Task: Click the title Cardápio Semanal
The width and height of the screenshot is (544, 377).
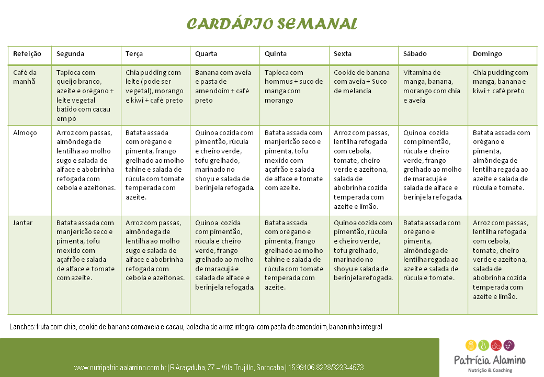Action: [x=272, y=24]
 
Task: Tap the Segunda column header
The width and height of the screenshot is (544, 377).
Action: [x=70, y=54]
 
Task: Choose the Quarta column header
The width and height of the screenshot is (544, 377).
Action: [x=206, y=54]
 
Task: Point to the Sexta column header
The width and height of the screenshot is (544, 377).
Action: [x=343, y=54]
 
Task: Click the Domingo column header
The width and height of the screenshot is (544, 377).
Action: [x=487, y=54]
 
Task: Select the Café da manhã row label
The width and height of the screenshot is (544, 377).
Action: [x=25, y=77]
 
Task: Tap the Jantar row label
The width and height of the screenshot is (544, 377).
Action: [x=23, y=223]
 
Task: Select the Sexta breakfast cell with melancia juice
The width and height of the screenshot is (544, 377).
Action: [x=362, y=82]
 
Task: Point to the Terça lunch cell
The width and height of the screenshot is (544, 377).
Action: [x=155, y=165]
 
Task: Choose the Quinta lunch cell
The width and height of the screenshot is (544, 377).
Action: [x=294, y=160]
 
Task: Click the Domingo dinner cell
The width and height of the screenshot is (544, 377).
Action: [x=501, y=260]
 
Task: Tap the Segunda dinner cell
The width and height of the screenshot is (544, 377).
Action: [x=85, y=250]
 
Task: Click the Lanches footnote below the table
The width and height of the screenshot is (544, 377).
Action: [x=196, y=327]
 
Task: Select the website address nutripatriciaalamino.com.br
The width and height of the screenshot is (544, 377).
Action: [x=120, y=368]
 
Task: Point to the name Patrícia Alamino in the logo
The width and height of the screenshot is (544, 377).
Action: [x=490, y=360]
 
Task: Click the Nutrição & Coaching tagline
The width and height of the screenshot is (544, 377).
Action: [x=490, y=370]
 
